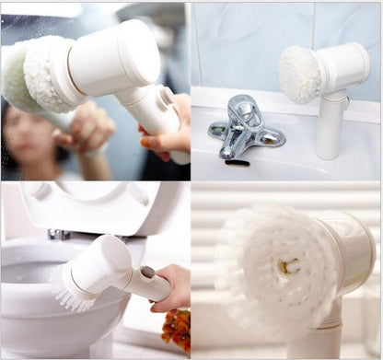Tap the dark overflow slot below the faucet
pos(238,163)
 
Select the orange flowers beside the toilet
pos(177,327)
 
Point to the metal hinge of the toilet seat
pos(61,235)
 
